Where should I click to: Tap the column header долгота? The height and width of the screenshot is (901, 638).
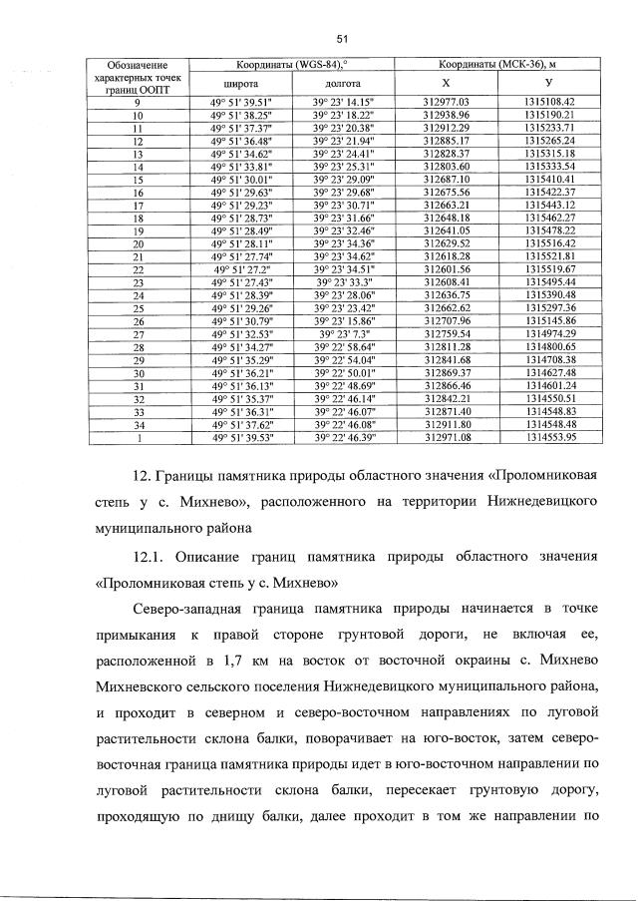coord(342,85)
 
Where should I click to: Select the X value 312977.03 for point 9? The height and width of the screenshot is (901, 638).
coord(446,102)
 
